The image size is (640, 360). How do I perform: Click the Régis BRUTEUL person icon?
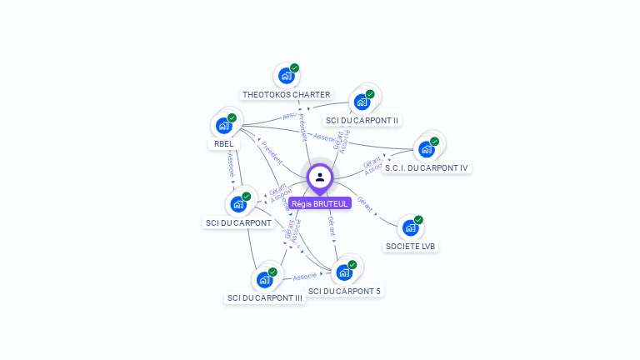click(320, 177)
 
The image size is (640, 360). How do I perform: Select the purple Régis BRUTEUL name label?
click(320, 203)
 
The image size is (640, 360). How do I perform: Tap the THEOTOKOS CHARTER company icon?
click(287, 76)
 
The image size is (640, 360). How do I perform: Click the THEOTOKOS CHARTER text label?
click(287, 95)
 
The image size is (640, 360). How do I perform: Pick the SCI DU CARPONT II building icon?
click(362, 102)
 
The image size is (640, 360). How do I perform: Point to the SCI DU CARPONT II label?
click(362, 121)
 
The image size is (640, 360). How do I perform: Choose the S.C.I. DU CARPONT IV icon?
click(427, 149)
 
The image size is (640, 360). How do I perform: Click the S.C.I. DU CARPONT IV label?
click(427, 168)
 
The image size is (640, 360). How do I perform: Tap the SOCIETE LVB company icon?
click(410, 227)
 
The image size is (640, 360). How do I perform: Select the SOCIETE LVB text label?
click(411, 247)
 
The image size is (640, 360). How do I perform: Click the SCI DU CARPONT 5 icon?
click(344, 272)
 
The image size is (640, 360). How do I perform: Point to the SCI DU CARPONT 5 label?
click(345, 292)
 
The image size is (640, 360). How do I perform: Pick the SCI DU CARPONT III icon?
click(264, 279)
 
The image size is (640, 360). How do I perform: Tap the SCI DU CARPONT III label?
click(265, 298)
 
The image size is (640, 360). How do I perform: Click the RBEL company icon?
click(223, 125)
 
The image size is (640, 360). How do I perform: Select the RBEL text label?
click(223, 144)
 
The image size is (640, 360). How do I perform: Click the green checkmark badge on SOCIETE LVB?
click(418, 220)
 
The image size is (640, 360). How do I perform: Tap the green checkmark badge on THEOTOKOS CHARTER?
click(295, 68)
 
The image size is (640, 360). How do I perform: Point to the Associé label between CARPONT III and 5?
click(305, 276)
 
